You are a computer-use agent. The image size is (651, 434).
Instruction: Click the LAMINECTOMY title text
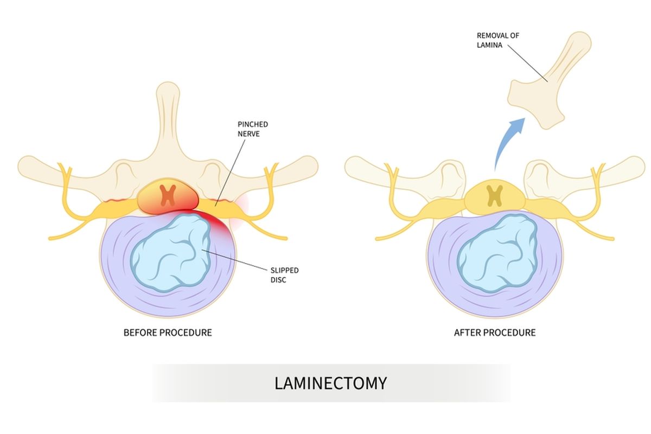click(x=330, y=383)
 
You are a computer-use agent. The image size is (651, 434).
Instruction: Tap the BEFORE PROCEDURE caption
click(x=168, y=332)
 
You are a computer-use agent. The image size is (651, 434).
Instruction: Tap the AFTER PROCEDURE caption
click(x=494, y=332)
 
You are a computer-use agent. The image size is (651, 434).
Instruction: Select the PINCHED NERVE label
click(x=252, y=129)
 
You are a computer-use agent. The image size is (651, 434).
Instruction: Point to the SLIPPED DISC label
click(x=284, y=275)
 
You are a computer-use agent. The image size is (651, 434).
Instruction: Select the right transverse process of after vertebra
click(x=618, y=166)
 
